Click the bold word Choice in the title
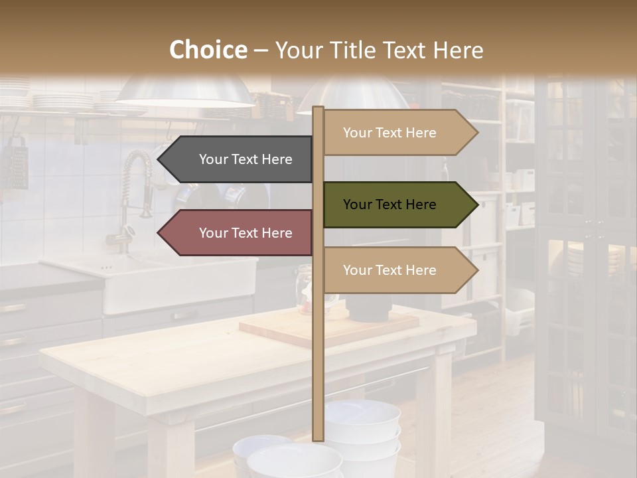click(x=208, y=50)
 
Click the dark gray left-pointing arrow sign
click(x=236, y=159)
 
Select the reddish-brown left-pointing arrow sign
click(x=236, y=233)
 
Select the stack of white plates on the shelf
click(x=63, y=101)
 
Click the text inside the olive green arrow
click(x=389, y=204)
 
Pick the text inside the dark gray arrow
click(x=246, y=159)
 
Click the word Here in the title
click(x=458, y=50)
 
